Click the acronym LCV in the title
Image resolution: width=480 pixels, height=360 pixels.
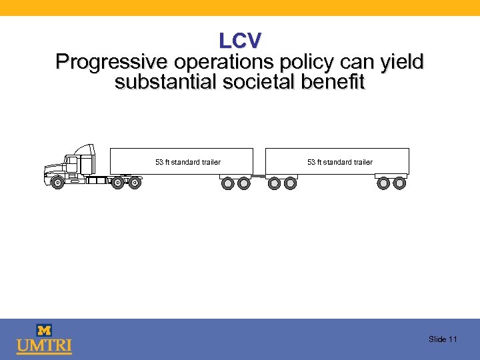240,41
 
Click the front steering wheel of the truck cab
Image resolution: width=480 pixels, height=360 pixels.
57,182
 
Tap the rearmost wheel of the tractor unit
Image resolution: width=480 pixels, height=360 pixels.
135,182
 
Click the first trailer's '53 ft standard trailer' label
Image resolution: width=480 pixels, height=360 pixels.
187,162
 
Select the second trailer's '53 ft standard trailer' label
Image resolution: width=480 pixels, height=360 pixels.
339,162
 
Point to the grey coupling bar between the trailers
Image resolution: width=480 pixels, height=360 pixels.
258,177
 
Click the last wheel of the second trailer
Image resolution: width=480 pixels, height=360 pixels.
399,183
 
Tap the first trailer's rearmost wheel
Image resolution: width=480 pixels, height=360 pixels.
244,183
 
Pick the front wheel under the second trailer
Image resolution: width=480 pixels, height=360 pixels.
274,183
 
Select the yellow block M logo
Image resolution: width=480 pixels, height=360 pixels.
44,330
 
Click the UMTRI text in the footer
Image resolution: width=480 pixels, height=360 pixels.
44,347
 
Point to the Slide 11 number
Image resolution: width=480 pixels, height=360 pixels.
443,339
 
